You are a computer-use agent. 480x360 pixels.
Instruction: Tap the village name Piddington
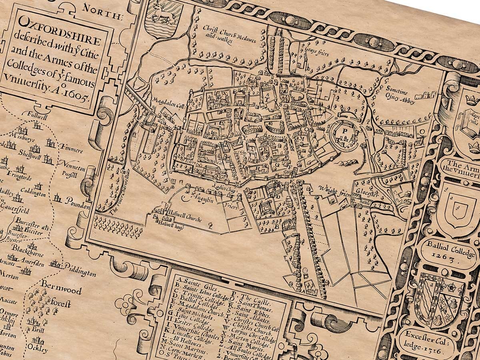click(80, 271)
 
